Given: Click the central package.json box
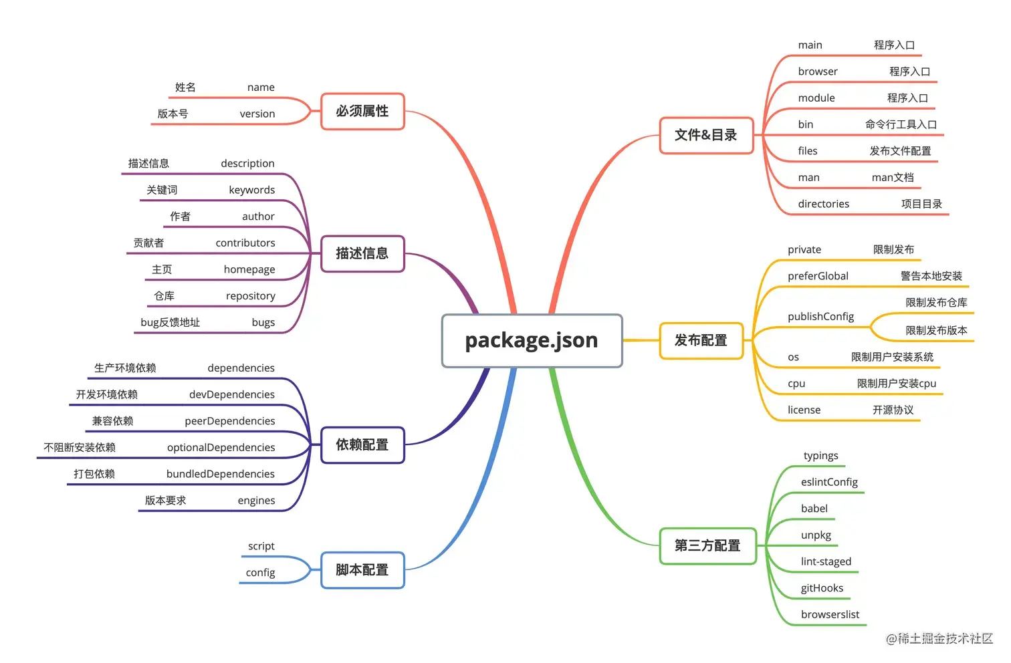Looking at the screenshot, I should tap(532, 341).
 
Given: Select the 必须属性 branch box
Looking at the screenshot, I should tap(362, 111).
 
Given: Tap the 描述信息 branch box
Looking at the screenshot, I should tap(362, 253).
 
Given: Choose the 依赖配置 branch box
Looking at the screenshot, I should tap(362, 445).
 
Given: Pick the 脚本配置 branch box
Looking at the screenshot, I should tap(362, 570).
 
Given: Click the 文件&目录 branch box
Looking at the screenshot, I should tap(706, 135).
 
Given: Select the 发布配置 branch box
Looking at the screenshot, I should tap(701, 341).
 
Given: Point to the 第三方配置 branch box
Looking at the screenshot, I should tap(707, 546).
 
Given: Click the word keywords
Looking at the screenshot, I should tap(251, 190).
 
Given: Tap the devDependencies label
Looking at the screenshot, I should tap(231, 394).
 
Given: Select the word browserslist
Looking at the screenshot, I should tap(830, 614).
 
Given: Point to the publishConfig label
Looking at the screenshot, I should tap(820, 316).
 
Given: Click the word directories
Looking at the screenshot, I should tap(823, 204).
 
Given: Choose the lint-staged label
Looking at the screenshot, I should tap(826, 561).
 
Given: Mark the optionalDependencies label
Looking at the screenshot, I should tap(221, 447).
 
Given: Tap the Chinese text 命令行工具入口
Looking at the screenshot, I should tap(901, 124).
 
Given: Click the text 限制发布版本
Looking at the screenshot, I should tap(936, 330).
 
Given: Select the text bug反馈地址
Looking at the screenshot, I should tap(170, 322).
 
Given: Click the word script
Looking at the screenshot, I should tap(261, 546).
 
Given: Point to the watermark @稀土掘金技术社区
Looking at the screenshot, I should tap(939, 638).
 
